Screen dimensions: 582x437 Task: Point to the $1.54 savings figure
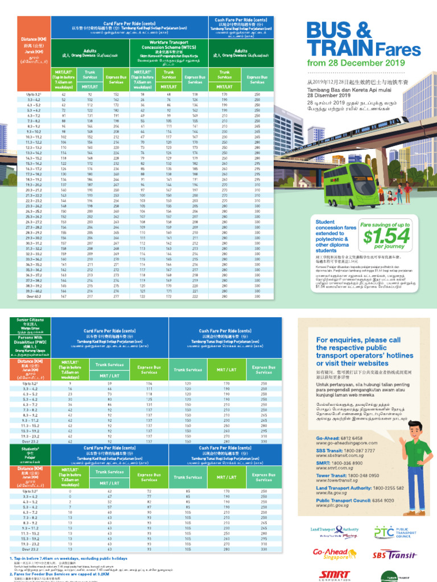pyautogui.click(x=386, y=235)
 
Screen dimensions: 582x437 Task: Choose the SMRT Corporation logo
pyautogui.click(x=336, y=575)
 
